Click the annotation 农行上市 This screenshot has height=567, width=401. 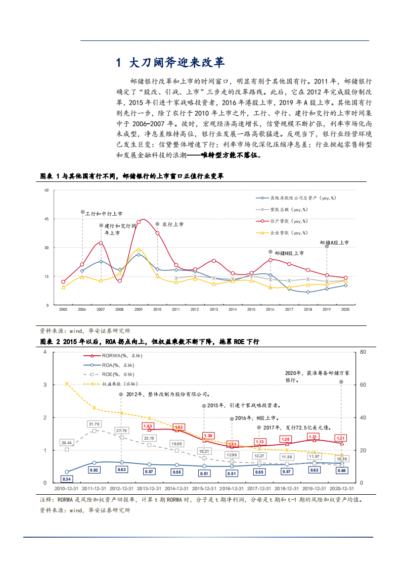coord(172,224)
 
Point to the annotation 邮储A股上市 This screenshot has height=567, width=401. coord(334,243)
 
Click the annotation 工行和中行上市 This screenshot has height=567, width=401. coord(104,214)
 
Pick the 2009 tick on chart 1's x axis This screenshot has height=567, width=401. coord(138,308)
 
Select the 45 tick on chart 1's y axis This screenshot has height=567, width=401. coord(46,219)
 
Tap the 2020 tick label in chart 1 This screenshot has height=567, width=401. coord(345,308)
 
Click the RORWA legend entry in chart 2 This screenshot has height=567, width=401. coord(114,355)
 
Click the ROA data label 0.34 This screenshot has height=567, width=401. coord(67,479)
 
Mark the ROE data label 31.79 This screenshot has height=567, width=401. coord(94,423)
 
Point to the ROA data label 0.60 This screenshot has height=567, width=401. coord(341,470)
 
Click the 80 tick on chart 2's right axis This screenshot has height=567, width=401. coord(362,352)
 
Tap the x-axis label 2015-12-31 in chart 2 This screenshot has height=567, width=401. coord(203,489)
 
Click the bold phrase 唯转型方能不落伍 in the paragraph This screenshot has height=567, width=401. coord(230,156)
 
